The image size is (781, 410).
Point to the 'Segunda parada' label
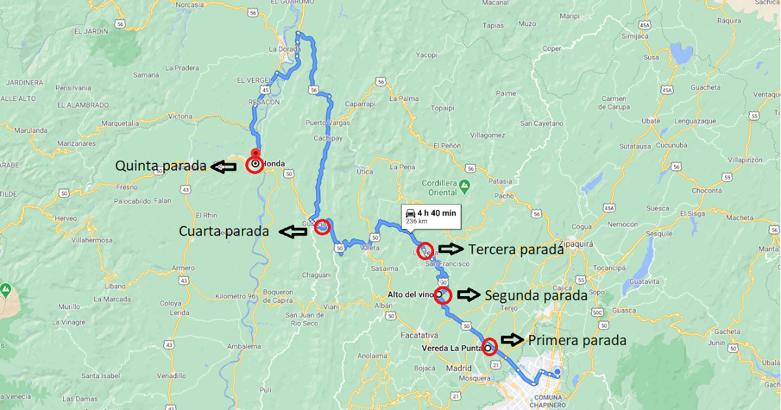pos(536,295)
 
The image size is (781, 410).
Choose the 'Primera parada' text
pos(577,340)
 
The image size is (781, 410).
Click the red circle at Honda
pos(255,164)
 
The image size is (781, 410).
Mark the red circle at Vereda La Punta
pos(489,347)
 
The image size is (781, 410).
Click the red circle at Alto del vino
pos(443,295)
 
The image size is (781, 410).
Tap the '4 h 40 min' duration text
pos(437,212)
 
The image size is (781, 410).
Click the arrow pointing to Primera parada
pos(512,340)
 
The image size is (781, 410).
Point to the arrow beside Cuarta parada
pos(292,230)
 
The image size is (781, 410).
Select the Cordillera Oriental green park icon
pos(464,187)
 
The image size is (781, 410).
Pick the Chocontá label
pos(707,191)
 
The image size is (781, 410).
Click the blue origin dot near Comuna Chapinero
pos(556,373)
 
